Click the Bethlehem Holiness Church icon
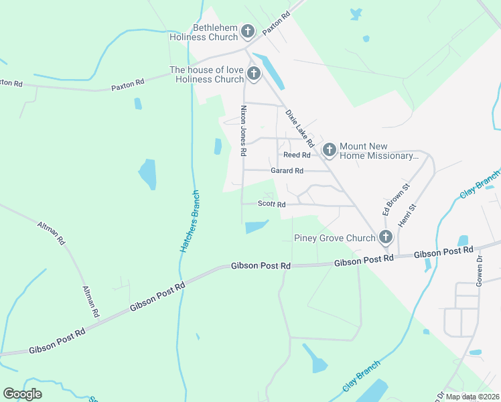(248, 31)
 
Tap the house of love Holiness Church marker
(253, 73)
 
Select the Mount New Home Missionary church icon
(329, 149)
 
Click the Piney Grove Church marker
(385, 237)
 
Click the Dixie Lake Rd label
(300, 129)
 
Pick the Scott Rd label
(272, 204)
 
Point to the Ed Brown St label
(386, 200)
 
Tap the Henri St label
(403, 215)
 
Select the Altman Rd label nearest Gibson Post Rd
(90, 301)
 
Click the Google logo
(22, 394)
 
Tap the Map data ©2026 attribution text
(472, 397)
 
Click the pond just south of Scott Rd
(257, 227)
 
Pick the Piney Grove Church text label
(334, 238)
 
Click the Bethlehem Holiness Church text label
(206, 32)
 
